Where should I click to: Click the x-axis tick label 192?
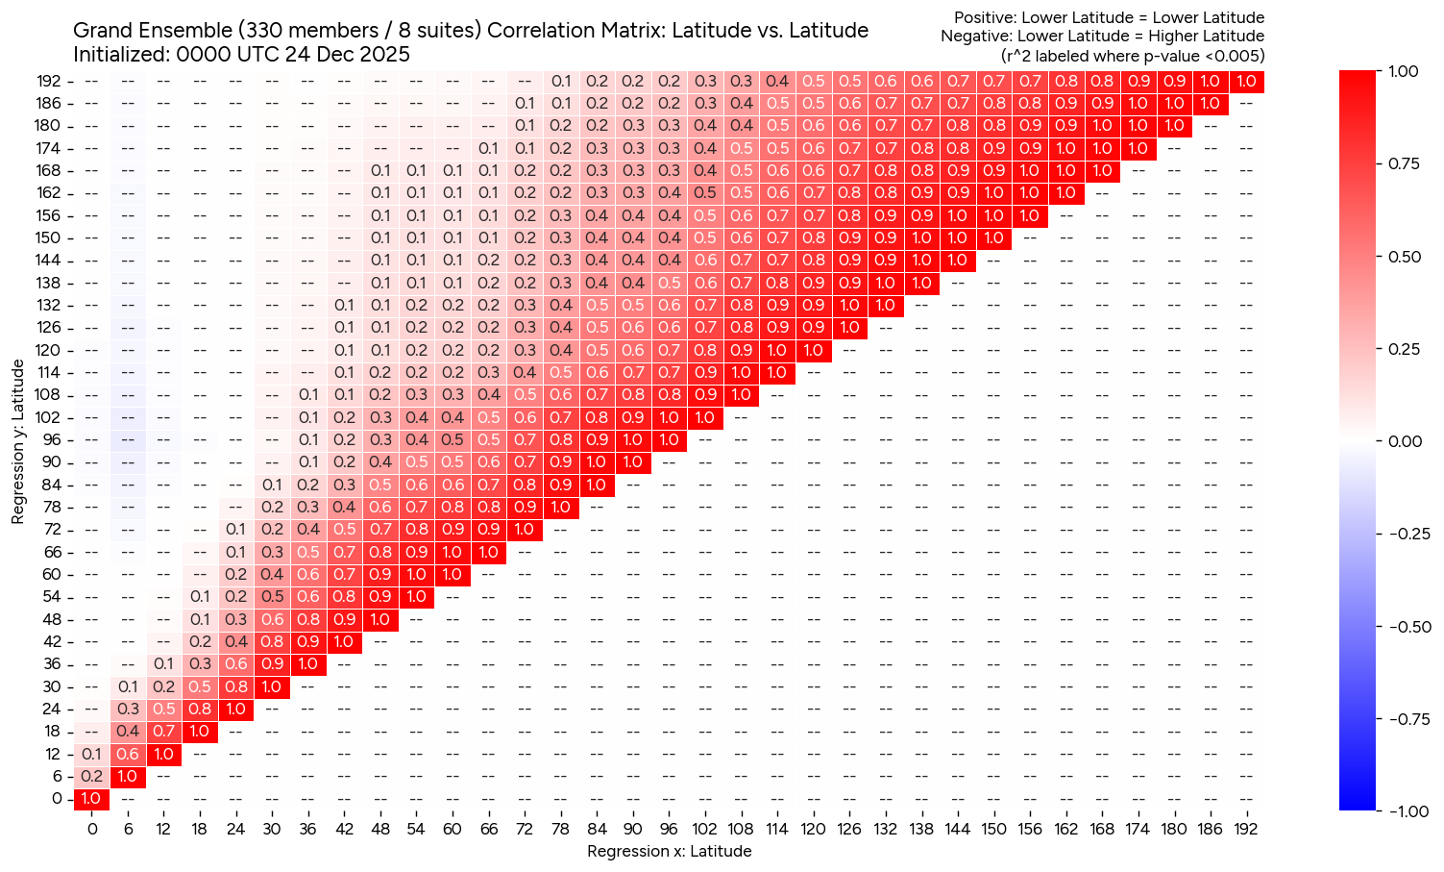coord(1245,830)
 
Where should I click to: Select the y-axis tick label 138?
coord(50,283)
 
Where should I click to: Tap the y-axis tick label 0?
coord(57,798)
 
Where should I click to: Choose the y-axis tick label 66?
coord(53,552)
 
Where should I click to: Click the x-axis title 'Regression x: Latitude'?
coord(669,851)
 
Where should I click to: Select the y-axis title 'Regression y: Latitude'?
coord(18,442)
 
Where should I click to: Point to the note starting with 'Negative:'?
coord(1102,37)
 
